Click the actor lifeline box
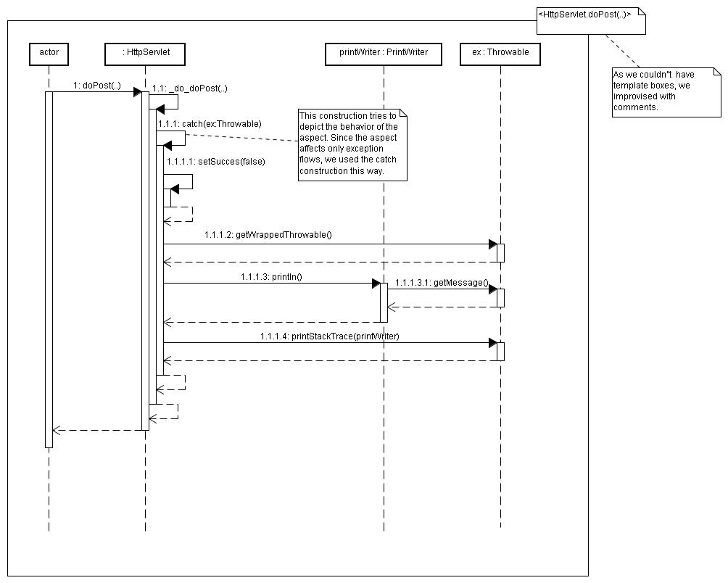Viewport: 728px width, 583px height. (x=49, y=54)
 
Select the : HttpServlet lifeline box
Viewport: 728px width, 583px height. (x=145, y=54)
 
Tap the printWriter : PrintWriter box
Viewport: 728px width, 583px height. (x=384, y=54)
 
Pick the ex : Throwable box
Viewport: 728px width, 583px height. (x=500, y=54)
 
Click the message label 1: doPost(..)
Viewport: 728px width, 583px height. (x=97, y=86)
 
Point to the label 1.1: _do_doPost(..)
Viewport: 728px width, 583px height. (x=190, y=88)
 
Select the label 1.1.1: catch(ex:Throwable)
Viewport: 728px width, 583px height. (x=210, y=124)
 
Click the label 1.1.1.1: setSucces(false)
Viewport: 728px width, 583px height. (x=216, y=162)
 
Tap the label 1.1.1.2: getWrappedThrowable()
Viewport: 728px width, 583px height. (x=268, y=235)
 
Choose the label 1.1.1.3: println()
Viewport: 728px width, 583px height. (x=271, y=277)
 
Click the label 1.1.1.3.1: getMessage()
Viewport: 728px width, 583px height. (x=442, y=283)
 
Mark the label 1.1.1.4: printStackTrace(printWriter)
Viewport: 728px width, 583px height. (x=330, y=336)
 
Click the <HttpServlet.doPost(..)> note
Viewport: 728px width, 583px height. (x=591, y=21)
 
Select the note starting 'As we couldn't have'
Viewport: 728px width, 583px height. (x=666, y=92)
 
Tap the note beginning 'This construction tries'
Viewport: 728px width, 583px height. (x=352, y=145)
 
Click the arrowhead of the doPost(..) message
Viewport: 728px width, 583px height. (x=138, y=92)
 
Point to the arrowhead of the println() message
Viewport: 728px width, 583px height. (x=376, y=283)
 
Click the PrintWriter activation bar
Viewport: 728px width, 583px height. (x=384, y=302)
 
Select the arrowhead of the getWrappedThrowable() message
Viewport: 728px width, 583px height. (x=493, y=244)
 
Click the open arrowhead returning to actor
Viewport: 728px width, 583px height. (x=57, y=430)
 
